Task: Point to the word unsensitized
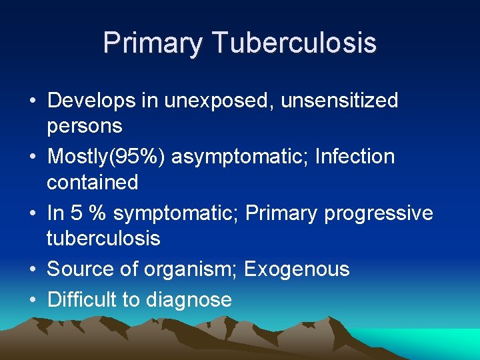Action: (x=340, y=101)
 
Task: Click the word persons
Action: (x=84, y=126)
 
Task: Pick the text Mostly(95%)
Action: (x=107, y=157)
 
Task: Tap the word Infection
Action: (x=355, y=157)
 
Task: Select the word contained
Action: (x=92, y=182)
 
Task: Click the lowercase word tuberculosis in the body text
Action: (x=103, y=238)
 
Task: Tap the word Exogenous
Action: (x=297, y=269)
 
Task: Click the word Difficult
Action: (x=81, y=300)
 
